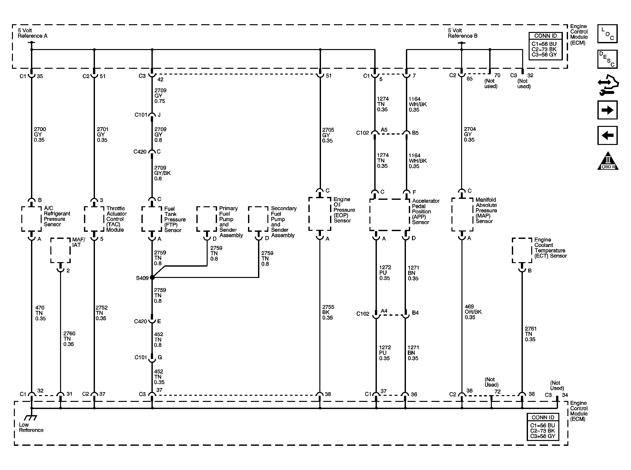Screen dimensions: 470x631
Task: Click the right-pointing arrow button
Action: coord(607,110)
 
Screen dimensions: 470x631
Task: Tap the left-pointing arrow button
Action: coord(607,135)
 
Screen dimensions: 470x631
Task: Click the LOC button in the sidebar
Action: coord(607,34)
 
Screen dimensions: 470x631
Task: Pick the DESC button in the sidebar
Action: coord(607,59)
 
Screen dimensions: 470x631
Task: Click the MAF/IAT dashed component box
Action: coord(60,250)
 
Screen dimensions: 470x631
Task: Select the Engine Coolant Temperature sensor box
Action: coord(522,250)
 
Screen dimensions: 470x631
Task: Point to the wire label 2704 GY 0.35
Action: coord(470,134)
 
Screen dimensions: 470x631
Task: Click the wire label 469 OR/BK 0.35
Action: coord(473,312)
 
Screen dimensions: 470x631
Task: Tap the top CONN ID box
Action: coord(545,46)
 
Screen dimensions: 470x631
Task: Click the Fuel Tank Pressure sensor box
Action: coord(152,219)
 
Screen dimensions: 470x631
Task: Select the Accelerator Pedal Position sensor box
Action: coord(389,215)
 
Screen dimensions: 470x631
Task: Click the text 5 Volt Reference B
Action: coord(462,33)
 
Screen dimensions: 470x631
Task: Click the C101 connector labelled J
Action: coord(152,115)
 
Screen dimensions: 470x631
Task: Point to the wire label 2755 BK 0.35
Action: coord(328,312)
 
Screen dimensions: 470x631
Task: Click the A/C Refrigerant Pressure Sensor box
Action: coord(31,219)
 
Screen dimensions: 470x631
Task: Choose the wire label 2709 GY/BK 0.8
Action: coord(162,173)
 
